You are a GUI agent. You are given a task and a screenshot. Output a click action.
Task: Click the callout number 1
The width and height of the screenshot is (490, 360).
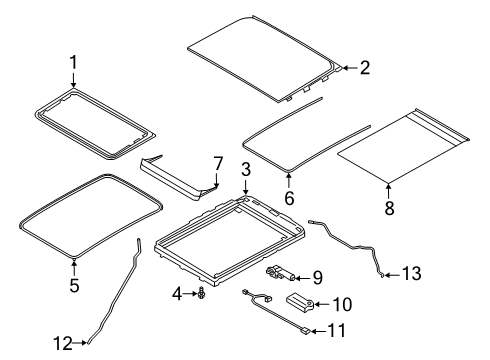(73, 62)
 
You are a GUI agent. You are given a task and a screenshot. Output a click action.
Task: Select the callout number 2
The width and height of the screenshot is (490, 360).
(365, 68)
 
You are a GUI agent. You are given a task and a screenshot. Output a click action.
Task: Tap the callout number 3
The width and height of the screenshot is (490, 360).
(246, 169)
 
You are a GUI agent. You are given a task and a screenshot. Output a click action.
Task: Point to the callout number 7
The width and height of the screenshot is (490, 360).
(218, 164)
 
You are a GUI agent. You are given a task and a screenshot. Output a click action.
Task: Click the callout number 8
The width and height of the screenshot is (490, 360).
(389, 208)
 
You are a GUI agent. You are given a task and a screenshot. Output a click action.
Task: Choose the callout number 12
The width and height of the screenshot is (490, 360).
(63, 343)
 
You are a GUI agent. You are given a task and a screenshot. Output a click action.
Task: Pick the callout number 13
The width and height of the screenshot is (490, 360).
(412, 274)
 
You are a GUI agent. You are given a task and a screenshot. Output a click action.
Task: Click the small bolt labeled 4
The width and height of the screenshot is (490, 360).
(201, 293)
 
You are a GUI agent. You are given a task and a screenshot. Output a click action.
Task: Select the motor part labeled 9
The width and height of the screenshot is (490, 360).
(281, 273)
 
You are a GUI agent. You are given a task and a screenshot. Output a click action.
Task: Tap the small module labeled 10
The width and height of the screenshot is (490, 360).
(300, 301)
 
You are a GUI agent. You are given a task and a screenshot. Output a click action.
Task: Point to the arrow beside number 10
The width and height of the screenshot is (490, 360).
(322, 304)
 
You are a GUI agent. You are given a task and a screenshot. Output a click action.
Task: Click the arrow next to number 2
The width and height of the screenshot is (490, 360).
(350, 68)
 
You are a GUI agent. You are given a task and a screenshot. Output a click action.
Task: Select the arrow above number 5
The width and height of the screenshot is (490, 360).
(74, 268)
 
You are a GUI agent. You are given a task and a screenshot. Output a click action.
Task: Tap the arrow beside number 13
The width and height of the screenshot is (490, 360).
(392, 275)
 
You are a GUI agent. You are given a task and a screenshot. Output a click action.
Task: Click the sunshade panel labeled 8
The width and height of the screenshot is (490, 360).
(403, 146)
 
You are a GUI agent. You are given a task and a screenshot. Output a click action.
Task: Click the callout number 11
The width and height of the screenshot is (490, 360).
(337, 331)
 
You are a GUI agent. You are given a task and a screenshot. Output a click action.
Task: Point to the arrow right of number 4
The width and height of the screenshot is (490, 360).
(191, 294)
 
